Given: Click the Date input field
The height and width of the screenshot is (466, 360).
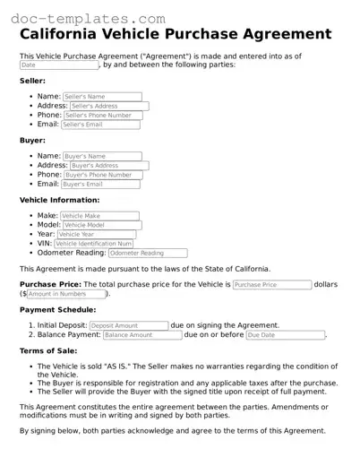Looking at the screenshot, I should (x=59, y=65).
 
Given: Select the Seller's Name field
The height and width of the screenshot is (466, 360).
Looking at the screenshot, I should (x=102, y=96).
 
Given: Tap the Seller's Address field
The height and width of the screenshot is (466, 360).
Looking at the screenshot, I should (x=108, y=106).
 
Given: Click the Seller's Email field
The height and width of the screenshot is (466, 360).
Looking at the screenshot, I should (x=100, y=125).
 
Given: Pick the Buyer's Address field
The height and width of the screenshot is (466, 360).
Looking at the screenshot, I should (x=108, y=166).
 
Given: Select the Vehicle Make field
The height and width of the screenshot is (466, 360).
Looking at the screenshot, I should (x=99, y=216).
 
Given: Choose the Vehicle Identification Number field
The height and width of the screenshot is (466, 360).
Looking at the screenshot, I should (x=94, y=244).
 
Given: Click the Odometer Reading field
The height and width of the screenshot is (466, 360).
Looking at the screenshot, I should (x=148, y=253).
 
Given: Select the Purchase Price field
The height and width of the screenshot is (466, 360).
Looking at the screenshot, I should (x=271, y=284).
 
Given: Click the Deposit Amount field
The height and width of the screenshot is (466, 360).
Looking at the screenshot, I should (x=128, y=325).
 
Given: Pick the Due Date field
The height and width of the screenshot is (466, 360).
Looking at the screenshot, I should (x=285, y=334).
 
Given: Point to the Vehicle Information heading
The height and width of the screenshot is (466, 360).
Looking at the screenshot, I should (x=60, y=200).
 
